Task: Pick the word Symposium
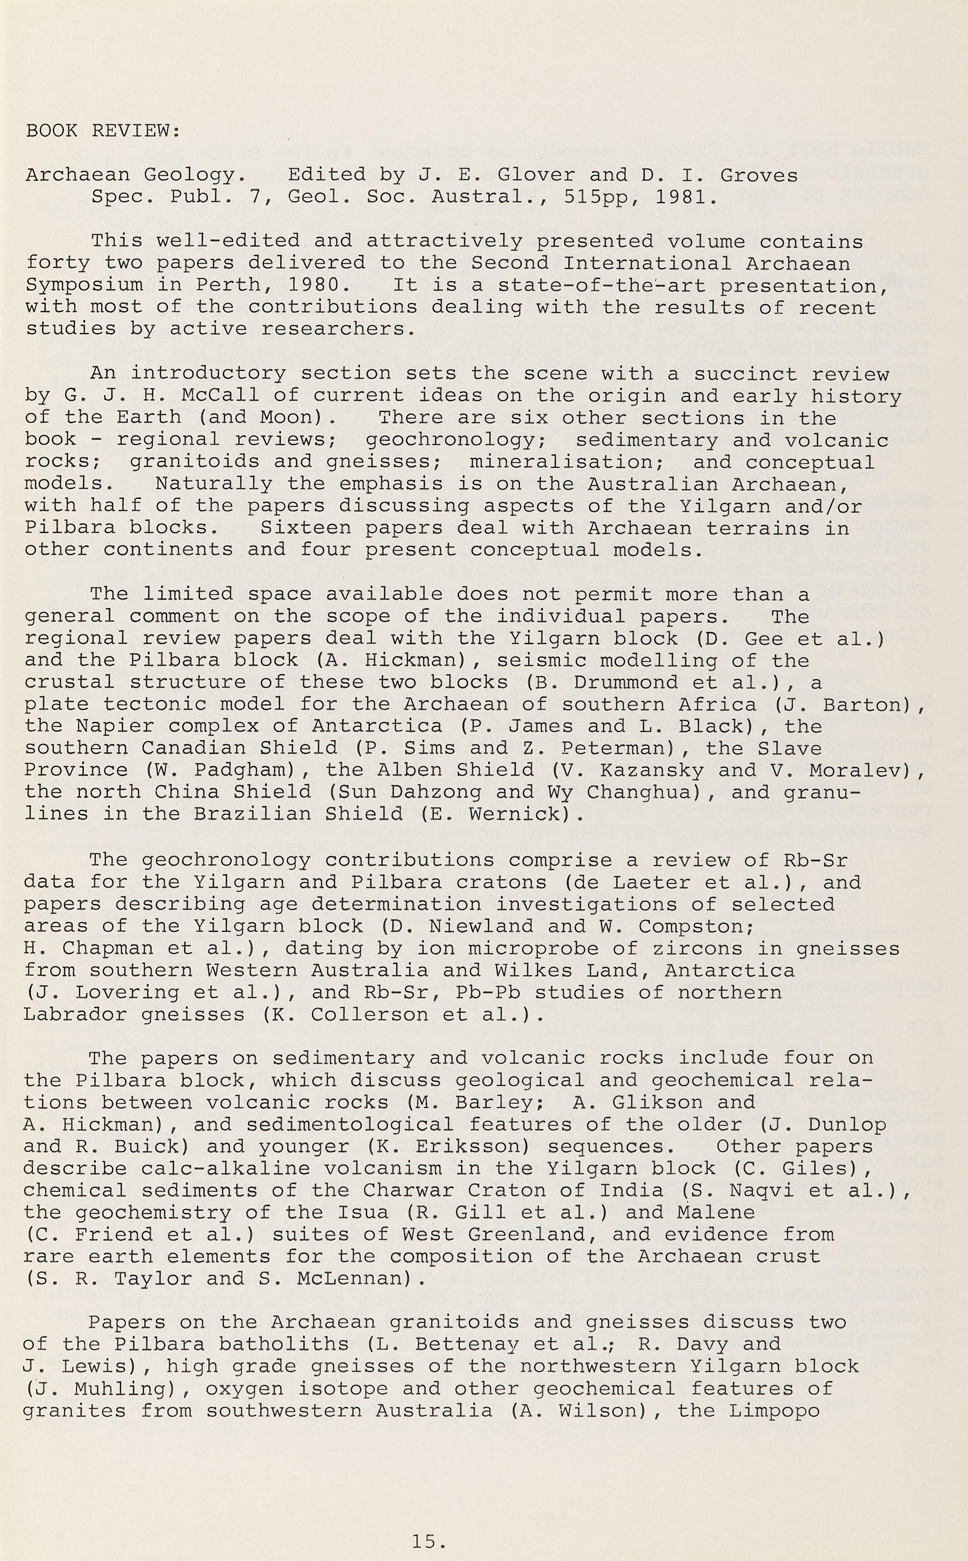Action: click(84, 285)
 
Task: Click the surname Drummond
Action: click(624, 682)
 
